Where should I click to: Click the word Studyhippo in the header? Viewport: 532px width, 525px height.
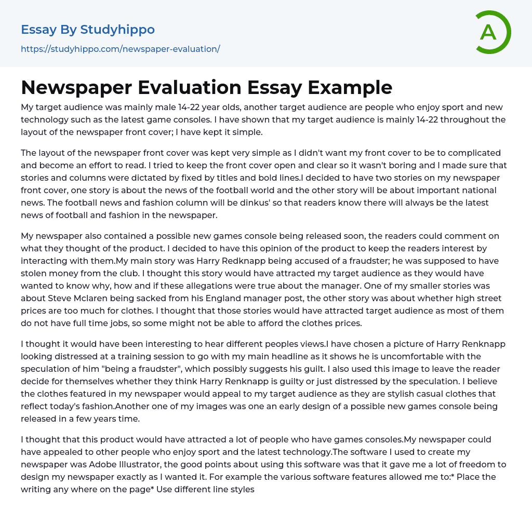117,30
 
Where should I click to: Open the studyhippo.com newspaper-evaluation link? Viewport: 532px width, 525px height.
121,49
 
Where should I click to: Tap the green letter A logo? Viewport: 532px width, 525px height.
488,32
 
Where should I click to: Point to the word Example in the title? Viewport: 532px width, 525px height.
351,87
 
